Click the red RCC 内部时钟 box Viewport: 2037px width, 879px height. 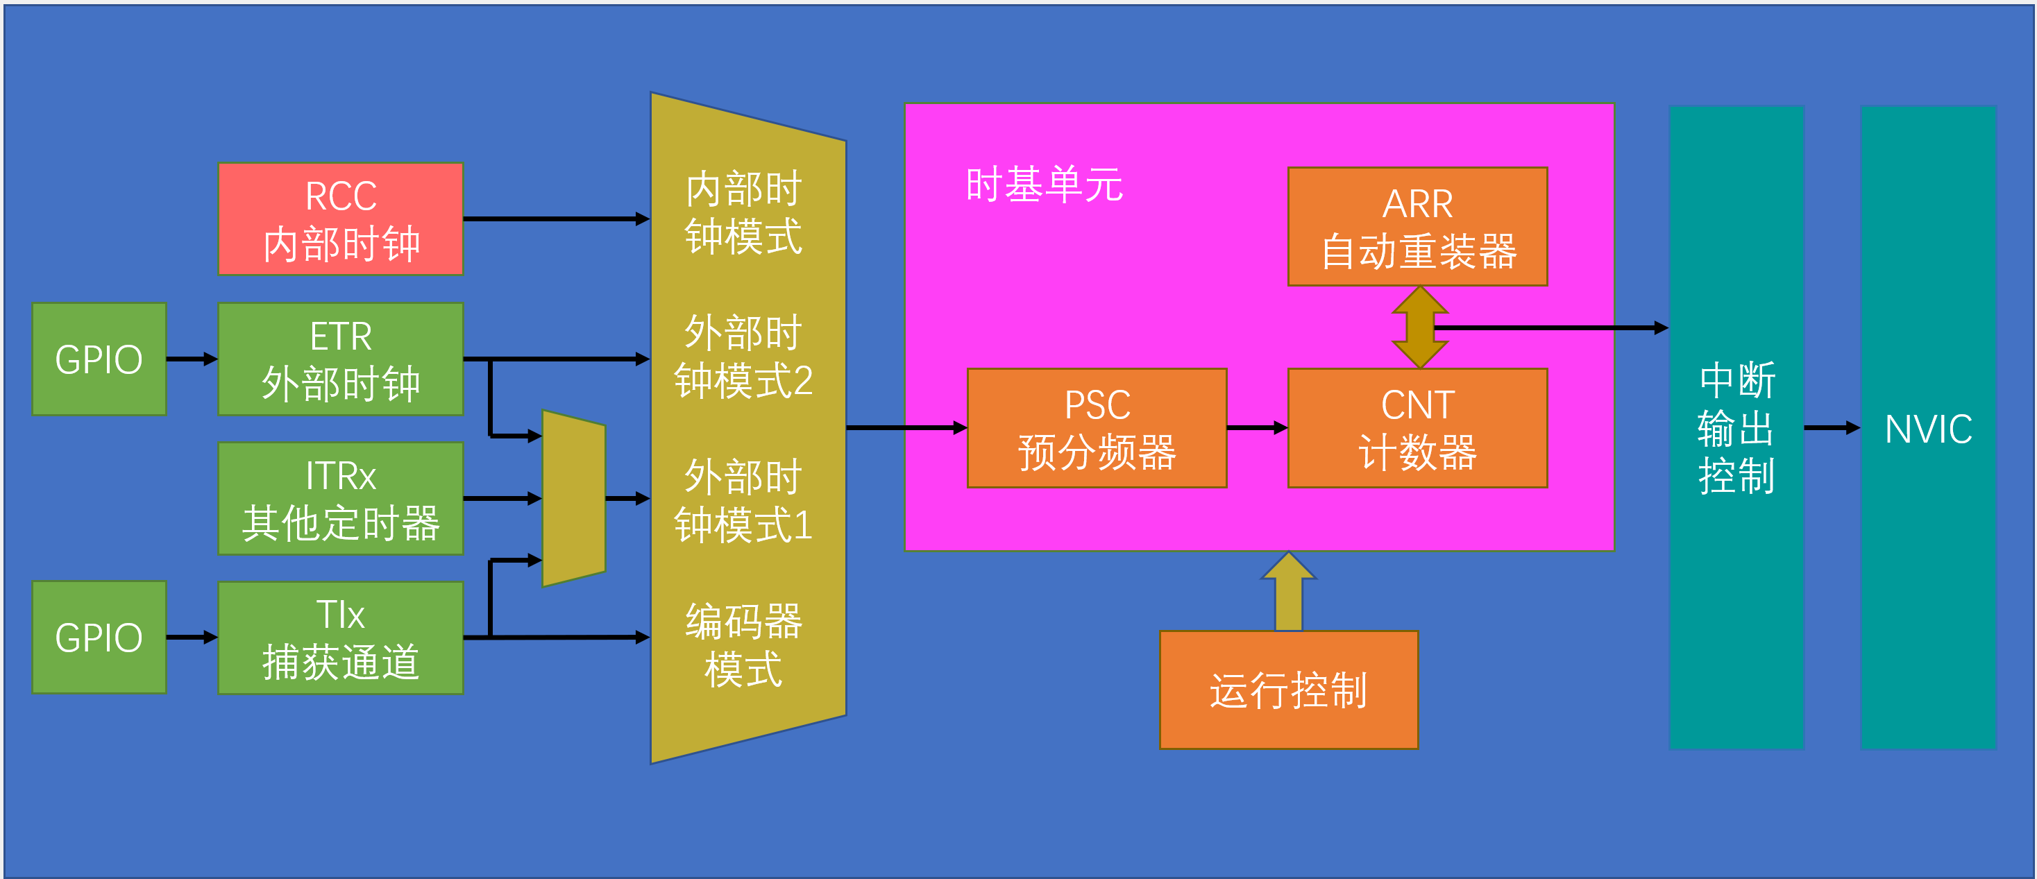click(x=341, y=219)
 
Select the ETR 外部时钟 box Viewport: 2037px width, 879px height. click(x=341, y=359)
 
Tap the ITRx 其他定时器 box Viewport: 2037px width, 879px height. click(x=341, y=499)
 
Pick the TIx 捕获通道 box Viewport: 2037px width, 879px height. click(x=341, y=638)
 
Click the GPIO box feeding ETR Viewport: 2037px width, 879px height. click(x=99, y=359)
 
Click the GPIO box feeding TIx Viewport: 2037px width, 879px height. click(x=99, y=637)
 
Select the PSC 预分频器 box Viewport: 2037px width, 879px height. click(x=1097, y=427)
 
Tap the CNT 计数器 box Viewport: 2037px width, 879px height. click(x=1417, y=427)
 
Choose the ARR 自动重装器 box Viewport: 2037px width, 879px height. click(x=1417, y=226)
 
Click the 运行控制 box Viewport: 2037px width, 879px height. click(x=1288, y=690)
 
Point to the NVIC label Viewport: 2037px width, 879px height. click(x=1928, y=429)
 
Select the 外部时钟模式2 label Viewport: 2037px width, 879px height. click(x=743, y=357)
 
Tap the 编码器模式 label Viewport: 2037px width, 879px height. click(x=743, y=645)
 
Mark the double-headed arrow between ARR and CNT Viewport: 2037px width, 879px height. click(x=1419, y=327)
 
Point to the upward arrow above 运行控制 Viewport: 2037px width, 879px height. click(x=1288, y=591)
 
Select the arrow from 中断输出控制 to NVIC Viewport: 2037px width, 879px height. click(x=1832, y=427)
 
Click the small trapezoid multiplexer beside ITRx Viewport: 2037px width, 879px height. click(x=574, y=498)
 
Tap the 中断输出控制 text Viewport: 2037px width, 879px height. click(x=1736, y=427)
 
